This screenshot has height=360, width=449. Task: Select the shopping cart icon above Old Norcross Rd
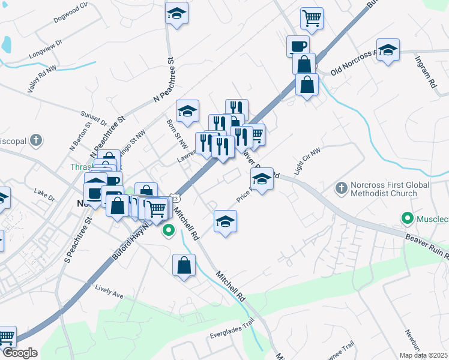click(312, 19)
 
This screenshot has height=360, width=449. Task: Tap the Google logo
click(19, 353)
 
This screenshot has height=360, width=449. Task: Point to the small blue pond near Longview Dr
click(6, 44)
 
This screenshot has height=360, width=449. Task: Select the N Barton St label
click(79, 136)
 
